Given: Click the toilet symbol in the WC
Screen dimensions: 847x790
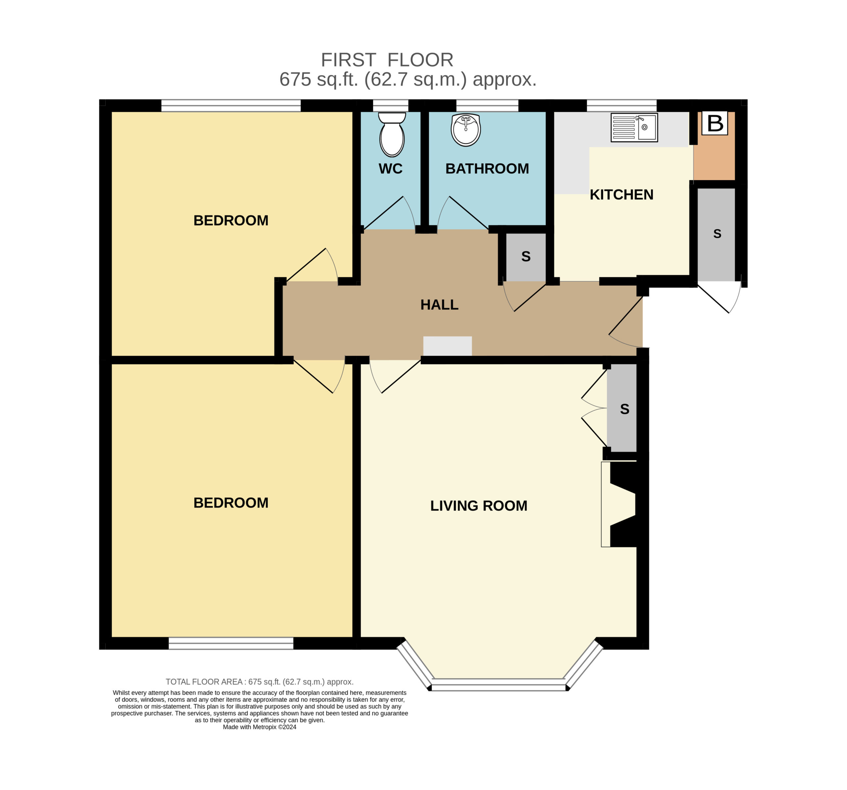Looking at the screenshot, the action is point(392,134).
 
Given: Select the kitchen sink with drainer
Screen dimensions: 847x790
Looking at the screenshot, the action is point(634,127).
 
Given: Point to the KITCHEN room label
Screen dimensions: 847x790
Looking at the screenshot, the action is point(622,195).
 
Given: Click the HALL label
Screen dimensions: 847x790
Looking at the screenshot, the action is point(439,305).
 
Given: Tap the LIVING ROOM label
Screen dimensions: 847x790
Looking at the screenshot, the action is point(479,506).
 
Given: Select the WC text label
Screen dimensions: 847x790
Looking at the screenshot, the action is point(391,169).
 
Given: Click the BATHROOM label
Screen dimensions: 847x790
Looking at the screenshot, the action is point(487,169).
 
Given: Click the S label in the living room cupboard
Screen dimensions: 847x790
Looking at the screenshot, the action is point(625,409).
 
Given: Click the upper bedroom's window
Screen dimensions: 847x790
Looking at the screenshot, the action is point(231,106).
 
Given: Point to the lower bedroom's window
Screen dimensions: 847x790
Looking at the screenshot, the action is point(231,643).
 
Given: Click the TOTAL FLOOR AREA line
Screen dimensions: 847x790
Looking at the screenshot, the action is point(259,682).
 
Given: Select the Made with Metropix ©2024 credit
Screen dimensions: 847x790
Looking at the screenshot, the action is point(259,727).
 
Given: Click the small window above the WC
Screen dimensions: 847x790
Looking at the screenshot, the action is point(391,106).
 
